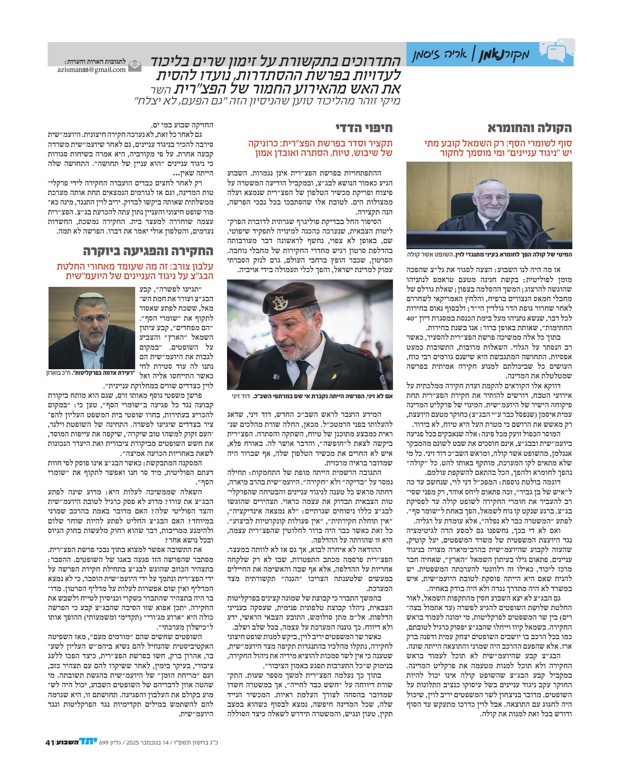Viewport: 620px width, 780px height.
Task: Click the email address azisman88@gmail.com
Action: point(91,69)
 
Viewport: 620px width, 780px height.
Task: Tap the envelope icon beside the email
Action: point(135,65)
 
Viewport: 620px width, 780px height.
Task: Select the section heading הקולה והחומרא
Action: point(529,128)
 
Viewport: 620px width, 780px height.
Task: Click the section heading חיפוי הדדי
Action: point(364,128)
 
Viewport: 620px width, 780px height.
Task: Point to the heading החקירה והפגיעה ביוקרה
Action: point(148,251)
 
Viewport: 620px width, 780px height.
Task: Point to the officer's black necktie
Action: point(302,374)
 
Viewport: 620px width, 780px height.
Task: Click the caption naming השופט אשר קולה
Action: point(489,254)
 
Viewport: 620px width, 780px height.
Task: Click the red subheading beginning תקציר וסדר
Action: point(320,148)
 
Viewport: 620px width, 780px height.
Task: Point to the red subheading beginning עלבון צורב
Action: point(135,271)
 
